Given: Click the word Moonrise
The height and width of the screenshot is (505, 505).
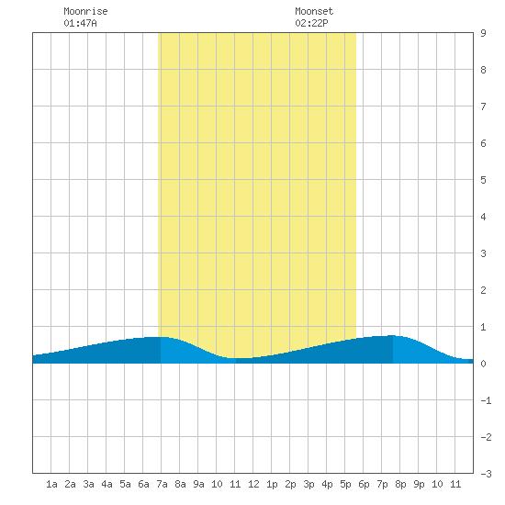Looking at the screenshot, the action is pos(85,11).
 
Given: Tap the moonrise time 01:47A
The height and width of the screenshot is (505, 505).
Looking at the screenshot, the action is pos(80,23).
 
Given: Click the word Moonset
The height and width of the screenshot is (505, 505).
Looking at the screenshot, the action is pos(314,11).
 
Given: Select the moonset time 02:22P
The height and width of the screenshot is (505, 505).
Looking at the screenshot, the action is pos(311,23).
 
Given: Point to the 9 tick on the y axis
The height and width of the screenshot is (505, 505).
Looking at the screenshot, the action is pos(483,33).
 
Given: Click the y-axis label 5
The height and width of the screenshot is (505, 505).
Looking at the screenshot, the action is pos(483,180).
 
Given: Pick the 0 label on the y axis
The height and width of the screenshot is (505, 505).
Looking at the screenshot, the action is pos(483,364).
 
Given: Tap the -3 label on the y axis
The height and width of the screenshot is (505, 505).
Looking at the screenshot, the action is pos(486,474).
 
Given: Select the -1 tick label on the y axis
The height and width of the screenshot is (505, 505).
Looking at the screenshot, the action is pos(486,400).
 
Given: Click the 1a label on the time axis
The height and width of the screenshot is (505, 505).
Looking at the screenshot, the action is pos(51,484).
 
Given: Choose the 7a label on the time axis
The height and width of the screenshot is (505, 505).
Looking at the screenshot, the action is pos(162,484).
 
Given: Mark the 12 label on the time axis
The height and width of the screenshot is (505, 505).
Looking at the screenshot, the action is pos(253,484).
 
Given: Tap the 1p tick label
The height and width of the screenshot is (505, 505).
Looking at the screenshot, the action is pos(272,484).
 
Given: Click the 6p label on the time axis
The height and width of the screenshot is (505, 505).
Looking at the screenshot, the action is pos(364,484).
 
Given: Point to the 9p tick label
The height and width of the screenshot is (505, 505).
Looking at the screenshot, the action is pos(419,484).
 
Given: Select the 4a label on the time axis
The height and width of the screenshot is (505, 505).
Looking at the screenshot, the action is pos(107,484).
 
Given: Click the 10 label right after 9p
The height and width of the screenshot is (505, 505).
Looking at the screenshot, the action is pos(437,484).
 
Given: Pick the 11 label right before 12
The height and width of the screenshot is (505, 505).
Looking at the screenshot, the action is pos(235,484).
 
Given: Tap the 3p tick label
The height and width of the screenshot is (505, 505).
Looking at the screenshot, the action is pos(309,484).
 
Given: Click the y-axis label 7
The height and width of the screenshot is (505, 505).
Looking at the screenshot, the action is pos(483,107).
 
